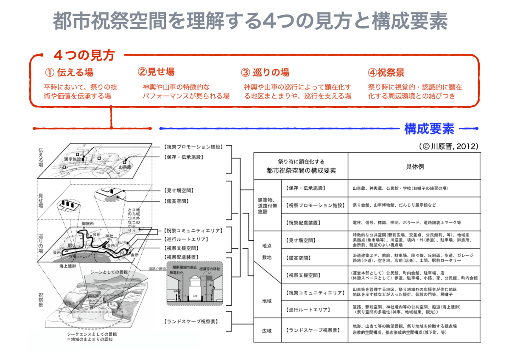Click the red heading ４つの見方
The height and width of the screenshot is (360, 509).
84,55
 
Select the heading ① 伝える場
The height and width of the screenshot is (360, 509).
69,72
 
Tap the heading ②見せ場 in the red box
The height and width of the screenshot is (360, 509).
156,72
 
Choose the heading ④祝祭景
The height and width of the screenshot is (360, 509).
386,72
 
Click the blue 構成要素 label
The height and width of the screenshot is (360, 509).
429,128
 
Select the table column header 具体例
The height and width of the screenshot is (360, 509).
415,166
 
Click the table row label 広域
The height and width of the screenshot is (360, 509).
267,330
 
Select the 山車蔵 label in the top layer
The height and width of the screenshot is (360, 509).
126,167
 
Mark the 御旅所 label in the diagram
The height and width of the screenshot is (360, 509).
88,224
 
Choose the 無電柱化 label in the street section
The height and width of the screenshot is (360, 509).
177,272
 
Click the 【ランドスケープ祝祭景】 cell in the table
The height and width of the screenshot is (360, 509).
313,330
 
